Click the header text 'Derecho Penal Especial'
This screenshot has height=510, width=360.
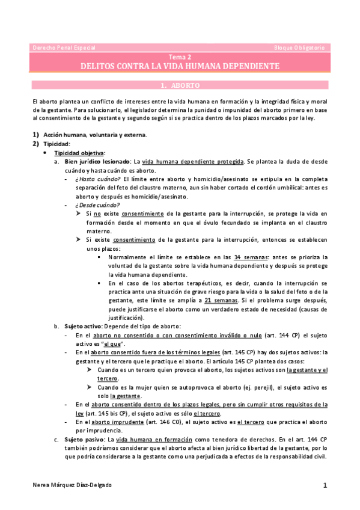[x=64, y=47]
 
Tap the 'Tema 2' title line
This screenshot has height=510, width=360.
[x=180, y=57]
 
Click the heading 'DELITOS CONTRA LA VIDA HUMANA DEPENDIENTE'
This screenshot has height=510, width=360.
[x=180, y=66]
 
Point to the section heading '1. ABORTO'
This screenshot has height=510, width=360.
[x=180, y=85]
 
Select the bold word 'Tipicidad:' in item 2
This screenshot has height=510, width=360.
[x=57, y=144]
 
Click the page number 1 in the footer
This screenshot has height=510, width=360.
[x=325, y=485]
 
